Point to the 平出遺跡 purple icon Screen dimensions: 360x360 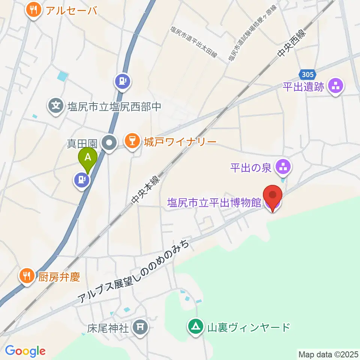click(335, 87)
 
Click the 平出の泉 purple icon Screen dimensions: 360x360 click(283, 167)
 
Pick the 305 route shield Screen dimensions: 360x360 click(308, 73)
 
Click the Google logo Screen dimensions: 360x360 click(25, 351)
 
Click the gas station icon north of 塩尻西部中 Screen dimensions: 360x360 click(122, 81)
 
